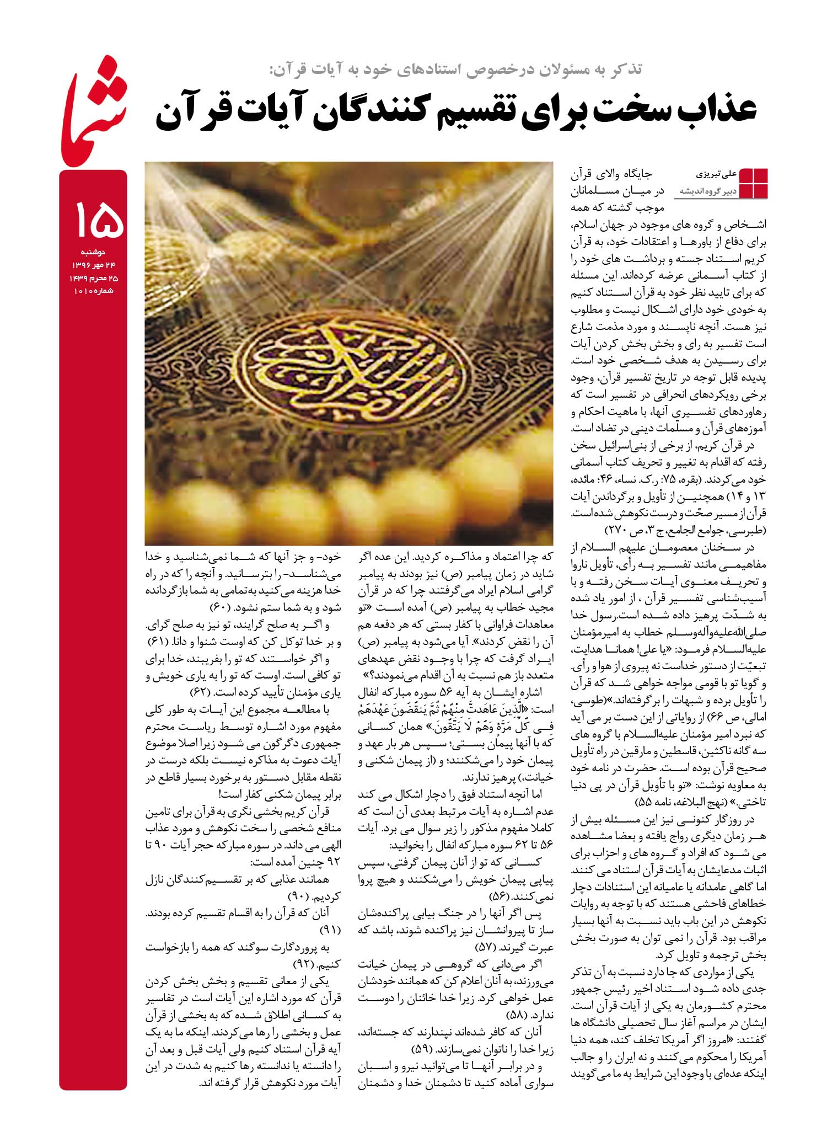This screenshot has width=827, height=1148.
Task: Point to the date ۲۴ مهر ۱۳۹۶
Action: click(x=93, y=265)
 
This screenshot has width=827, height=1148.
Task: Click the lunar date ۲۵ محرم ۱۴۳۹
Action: click(x=93, y=277)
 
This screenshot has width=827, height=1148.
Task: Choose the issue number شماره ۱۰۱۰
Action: click(x=93, y=290)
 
